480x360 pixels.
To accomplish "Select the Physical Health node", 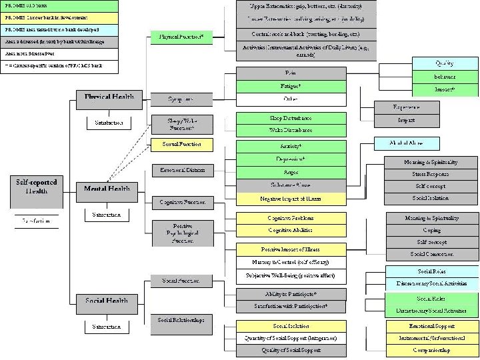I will (108, 97).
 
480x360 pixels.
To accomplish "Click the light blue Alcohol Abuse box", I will (406, 143).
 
